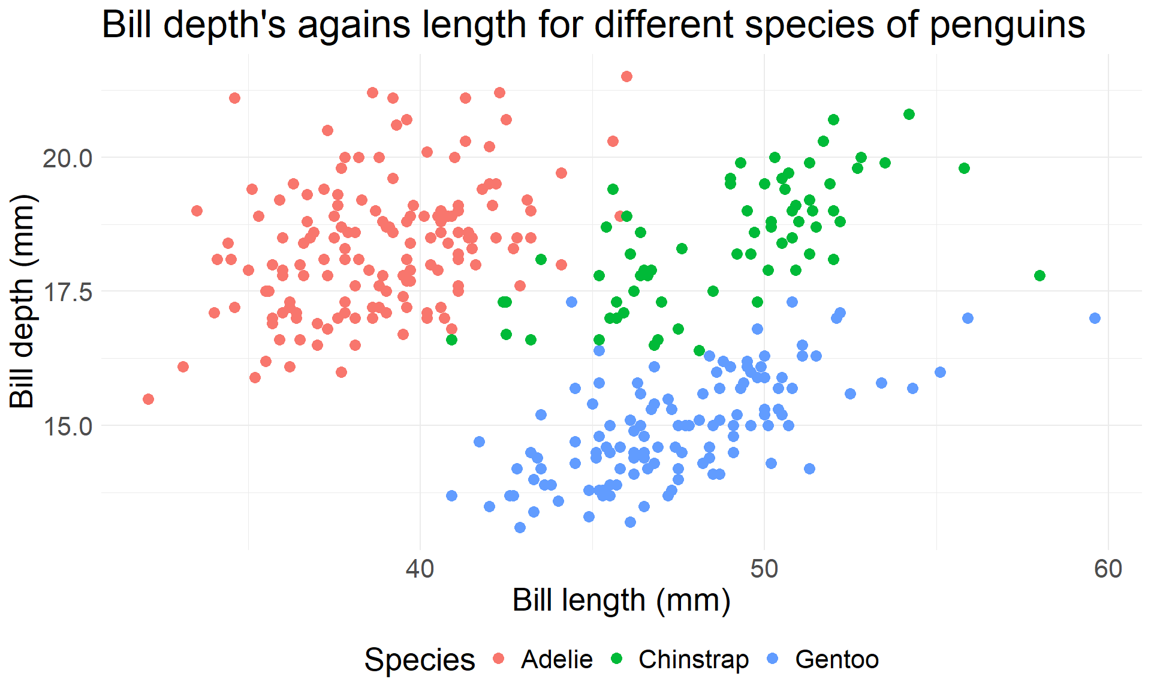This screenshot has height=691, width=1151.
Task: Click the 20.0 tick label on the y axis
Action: (67, 158)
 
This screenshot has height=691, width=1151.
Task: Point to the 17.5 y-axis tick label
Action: (67, 292)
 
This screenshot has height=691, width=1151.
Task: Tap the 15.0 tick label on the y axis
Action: (67, 426)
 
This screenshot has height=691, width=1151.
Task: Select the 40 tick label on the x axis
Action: (420, 569)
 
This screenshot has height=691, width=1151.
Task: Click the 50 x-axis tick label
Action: (764, 569)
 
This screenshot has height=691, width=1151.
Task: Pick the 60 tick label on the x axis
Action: (1108, 569)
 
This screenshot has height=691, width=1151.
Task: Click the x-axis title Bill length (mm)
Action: (621, 600)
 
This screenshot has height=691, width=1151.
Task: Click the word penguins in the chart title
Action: (1007, 25)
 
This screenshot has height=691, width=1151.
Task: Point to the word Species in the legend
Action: (420, 660)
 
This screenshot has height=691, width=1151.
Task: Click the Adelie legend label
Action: (557, 660)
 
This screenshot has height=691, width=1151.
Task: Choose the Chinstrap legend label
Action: (694, 660)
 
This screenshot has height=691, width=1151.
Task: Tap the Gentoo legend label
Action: (837, 660)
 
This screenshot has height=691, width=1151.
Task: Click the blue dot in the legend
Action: (773, 659)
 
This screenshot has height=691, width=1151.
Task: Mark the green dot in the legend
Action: (616, 659)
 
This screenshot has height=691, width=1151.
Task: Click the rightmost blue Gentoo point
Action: (1095, 318)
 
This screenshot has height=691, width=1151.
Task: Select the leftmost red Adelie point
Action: (148, 399)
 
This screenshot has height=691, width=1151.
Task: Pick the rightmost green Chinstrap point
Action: (1039, 275)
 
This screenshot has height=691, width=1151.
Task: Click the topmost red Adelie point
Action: (626, 76)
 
